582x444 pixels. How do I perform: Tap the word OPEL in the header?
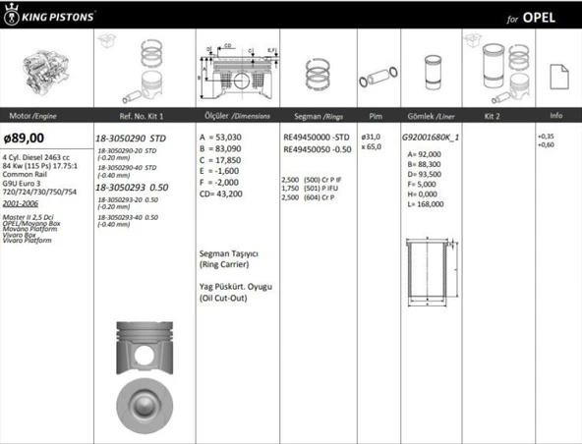pos(541,18)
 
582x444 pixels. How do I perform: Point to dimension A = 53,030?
pos(224,139)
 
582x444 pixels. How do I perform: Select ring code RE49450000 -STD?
pos(316,139)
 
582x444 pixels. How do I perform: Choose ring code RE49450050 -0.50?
pos(316,149)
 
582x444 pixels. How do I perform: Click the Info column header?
pos(556,115)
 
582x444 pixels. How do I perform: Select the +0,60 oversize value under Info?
pos(546,144)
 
